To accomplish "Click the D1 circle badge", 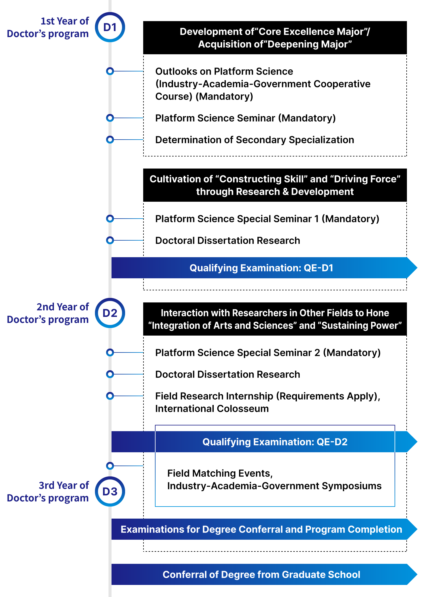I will pyautogui.click(x=110, y=27).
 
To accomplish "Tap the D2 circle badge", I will pyautogui.click(x=110, y=313).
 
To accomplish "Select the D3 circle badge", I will pyautogui.click(x=110, y=491).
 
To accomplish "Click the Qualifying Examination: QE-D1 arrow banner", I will pyautogui.click(x=261, y=268).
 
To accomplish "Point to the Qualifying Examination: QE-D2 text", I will pyautogui.click(x=275, y=442).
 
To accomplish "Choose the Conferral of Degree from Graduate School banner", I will pyautogui.click(x=261, y=574).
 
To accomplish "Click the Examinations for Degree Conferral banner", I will pyautogui.click(x=261, y=529).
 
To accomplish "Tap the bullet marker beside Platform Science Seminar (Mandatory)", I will pyautogui.click(x=110, y=118).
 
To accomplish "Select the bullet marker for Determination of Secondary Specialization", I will pyautogui.click(x=110, y=140).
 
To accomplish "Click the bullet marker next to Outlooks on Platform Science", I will pyautogui.click(x=110, y=71).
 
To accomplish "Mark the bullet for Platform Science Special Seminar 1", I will pyautogui.click(x=110, y=219).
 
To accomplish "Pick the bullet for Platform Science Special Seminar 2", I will pyautogui.click(x=110, y=352).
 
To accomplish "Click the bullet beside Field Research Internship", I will pyautogui.click(x=110, y=396).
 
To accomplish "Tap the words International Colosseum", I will pyautogui.click(x=212, y=409).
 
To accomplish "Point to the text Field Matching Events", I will pyautogui.click(x=220, y=473).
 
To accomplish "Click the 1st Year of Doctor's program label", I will pyautogui.click(x=48, y=27).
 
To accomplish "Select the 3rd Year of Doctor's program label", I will pyautogui.click(x=48, y=492).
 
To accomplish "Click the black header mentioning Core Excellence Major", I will pyautogui.click(x=275, y=38).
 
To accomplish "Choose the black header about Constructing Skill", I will pyautogui.click(x=275, y=185).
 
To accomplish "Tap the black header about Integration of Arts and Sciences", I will pyautogui.click(x=275, y=319).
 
